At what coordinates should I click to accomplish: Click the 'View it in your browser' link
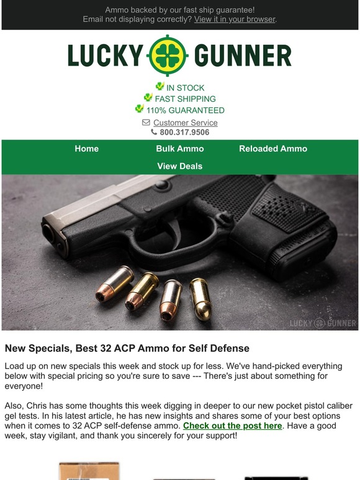pos(234,19)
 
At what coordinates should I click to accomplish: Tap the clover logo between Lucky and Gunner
pos(168,56)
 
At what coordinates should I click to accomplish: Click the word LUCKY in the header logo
pos(105,56)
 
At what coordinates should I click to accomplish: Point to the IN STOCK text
pos(185,88)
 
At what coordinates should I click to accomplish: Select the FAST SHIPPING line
pos(185,99)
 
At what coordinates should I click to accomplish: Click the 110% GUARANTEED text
pos(185,110)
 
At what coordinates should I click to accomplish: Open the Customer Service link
pos(185,123)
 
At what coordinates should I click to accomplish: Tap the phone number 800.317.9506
pos(184,132)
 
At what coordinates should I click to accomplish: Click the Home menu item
pos(87,149)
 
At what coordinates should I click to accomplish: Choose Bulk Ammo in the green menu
pos(180,149)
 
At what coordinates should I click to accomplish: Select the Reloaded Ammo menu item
pos(273,149)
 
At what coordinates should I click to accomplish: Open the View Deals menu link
pos(180,166)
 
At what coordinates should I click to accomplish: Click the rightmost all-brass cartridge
pos(200,298)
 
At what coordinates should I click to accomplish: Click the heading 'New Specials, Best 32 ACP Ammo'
pos(127,349)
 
